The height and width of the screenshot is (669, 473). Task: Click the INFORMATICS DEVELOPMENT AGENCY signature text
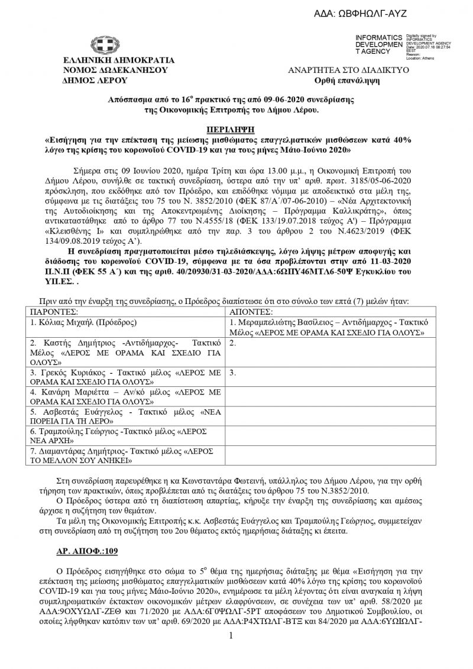click(x=378, y=44)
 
